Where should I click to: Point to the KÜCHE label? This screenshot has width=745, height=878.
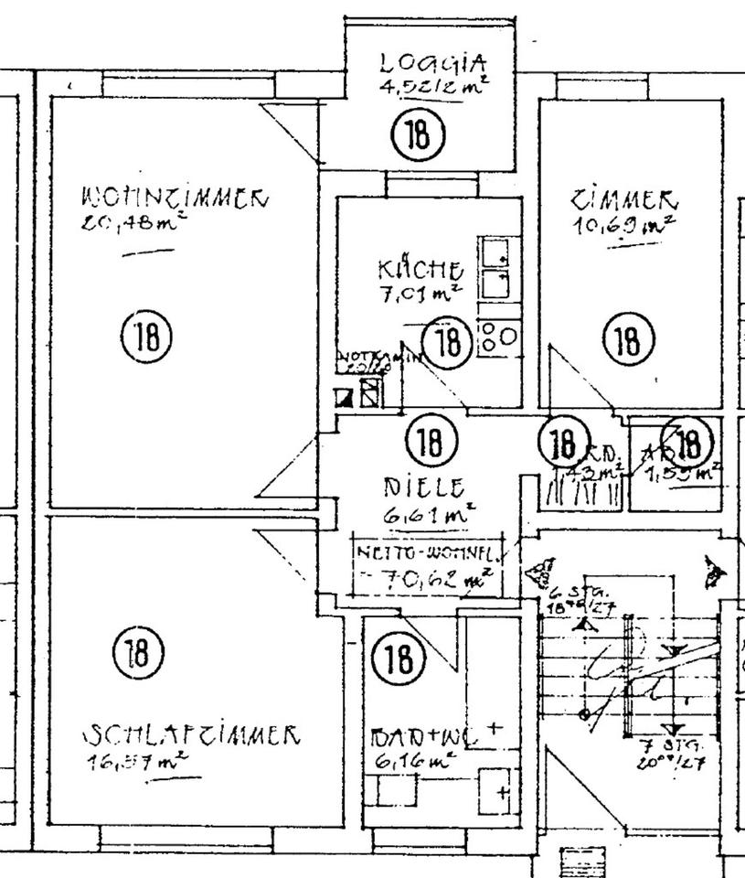pyautogui.click(x=420, y=270)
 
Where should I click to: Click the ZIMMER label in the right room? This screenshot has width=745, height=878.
pyautogui.click(x=624, y=199)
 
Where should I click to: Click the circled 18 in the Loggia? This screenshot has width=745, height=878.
pyautogui.click(x=418, y=135)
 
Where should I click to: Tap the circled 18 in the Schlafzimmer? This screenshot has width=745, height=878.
pyautogui.click(x=138, y=655)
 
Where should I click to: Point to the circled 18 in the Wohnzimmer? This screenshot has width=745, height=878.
pyautogui.click(x=147, y=337)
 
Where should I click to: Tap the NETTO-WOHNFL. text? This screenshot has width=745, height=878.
pyautogui.click(x=428, y=553)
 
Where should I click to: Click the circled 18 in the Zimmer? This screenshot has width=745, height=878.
pyautogui.click(x=628, y=341)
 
